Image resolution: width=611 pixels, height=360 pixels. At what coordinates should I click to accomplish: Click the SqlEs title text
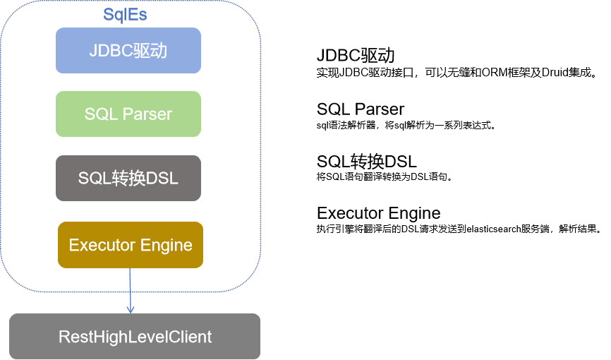[x=125, y=15]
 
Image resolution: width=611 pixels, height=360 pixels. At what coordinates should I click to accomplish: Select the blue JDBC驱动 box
[x=128, y=50]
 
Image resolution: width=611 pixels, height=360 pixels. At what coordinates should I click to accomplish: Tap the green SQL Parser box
[x=128, y=114]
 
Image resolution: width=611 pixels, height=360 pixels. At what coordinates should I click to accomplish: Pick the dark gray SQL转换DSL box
[x=128, y=178]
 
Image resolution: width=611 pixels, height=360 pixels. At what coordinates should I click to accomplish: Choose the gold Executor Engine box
[x=131, y=245]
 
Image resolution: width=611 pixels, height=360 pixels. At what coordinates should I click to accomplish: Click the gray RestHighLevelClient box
[x=135, y=336]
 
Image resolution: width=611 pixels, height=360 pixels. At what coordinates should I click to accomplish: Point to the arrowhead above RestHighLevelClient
[x=131, y=309]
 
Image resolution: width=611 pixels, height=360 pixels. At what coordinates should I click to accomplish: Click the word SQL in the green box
[x=99, y=114]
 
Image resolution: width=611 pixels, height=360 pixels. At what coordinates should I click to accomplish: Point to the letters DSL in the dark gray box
[x=162, y=179]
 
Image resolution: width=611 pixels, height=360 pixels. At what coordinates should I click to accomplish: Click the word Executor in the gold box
[x=102, y=245]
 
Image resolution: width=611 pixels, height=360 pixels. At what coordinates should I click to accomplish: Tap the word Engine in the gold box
[x=167, y=245]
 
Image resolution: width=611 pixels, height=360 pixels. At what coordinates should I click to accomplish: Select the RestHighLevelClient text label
[x=135, y=337]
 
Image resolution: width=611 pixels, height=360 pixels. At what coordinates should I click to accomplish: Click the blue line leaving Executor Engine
[x=131, y=286]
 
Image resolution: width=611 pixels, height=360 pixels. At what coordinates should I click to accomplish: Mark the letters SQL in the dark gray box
[x=95, y=179]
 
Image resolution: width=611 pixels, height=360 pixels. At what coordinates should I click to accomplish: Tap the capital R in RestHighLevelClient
[x=63, y=337]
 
